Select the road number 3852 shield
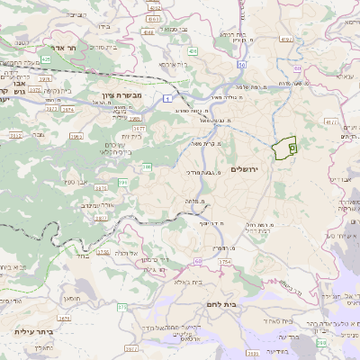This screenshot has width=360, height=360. coord(14,134)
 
